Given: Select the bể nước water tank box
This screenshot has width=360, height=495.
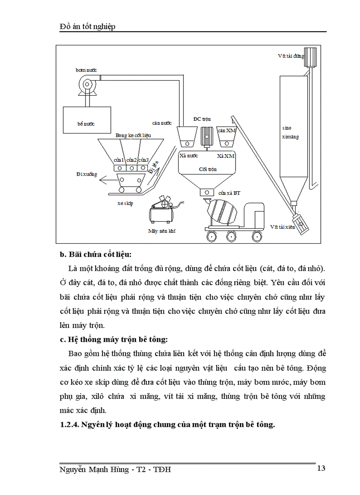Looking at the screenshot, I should click(86, 119).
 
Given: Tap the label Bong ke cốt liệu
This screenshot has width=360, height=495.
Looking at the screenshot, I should click(133, 135).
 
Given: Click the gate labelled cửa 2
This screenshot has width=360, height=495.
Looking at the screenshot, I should click(131, 167).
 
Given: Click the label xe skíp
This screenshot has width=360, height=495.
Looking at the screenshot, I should click(125, 203).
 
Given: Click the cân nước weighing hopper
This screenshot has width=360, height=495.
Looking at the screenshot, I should click(187, 138).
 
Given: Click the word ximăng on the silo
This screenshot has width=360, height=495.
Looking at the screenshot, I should click(290, 137).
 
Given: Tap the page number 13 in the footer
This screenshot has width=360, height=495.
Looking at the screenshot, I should click(321, 468).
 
